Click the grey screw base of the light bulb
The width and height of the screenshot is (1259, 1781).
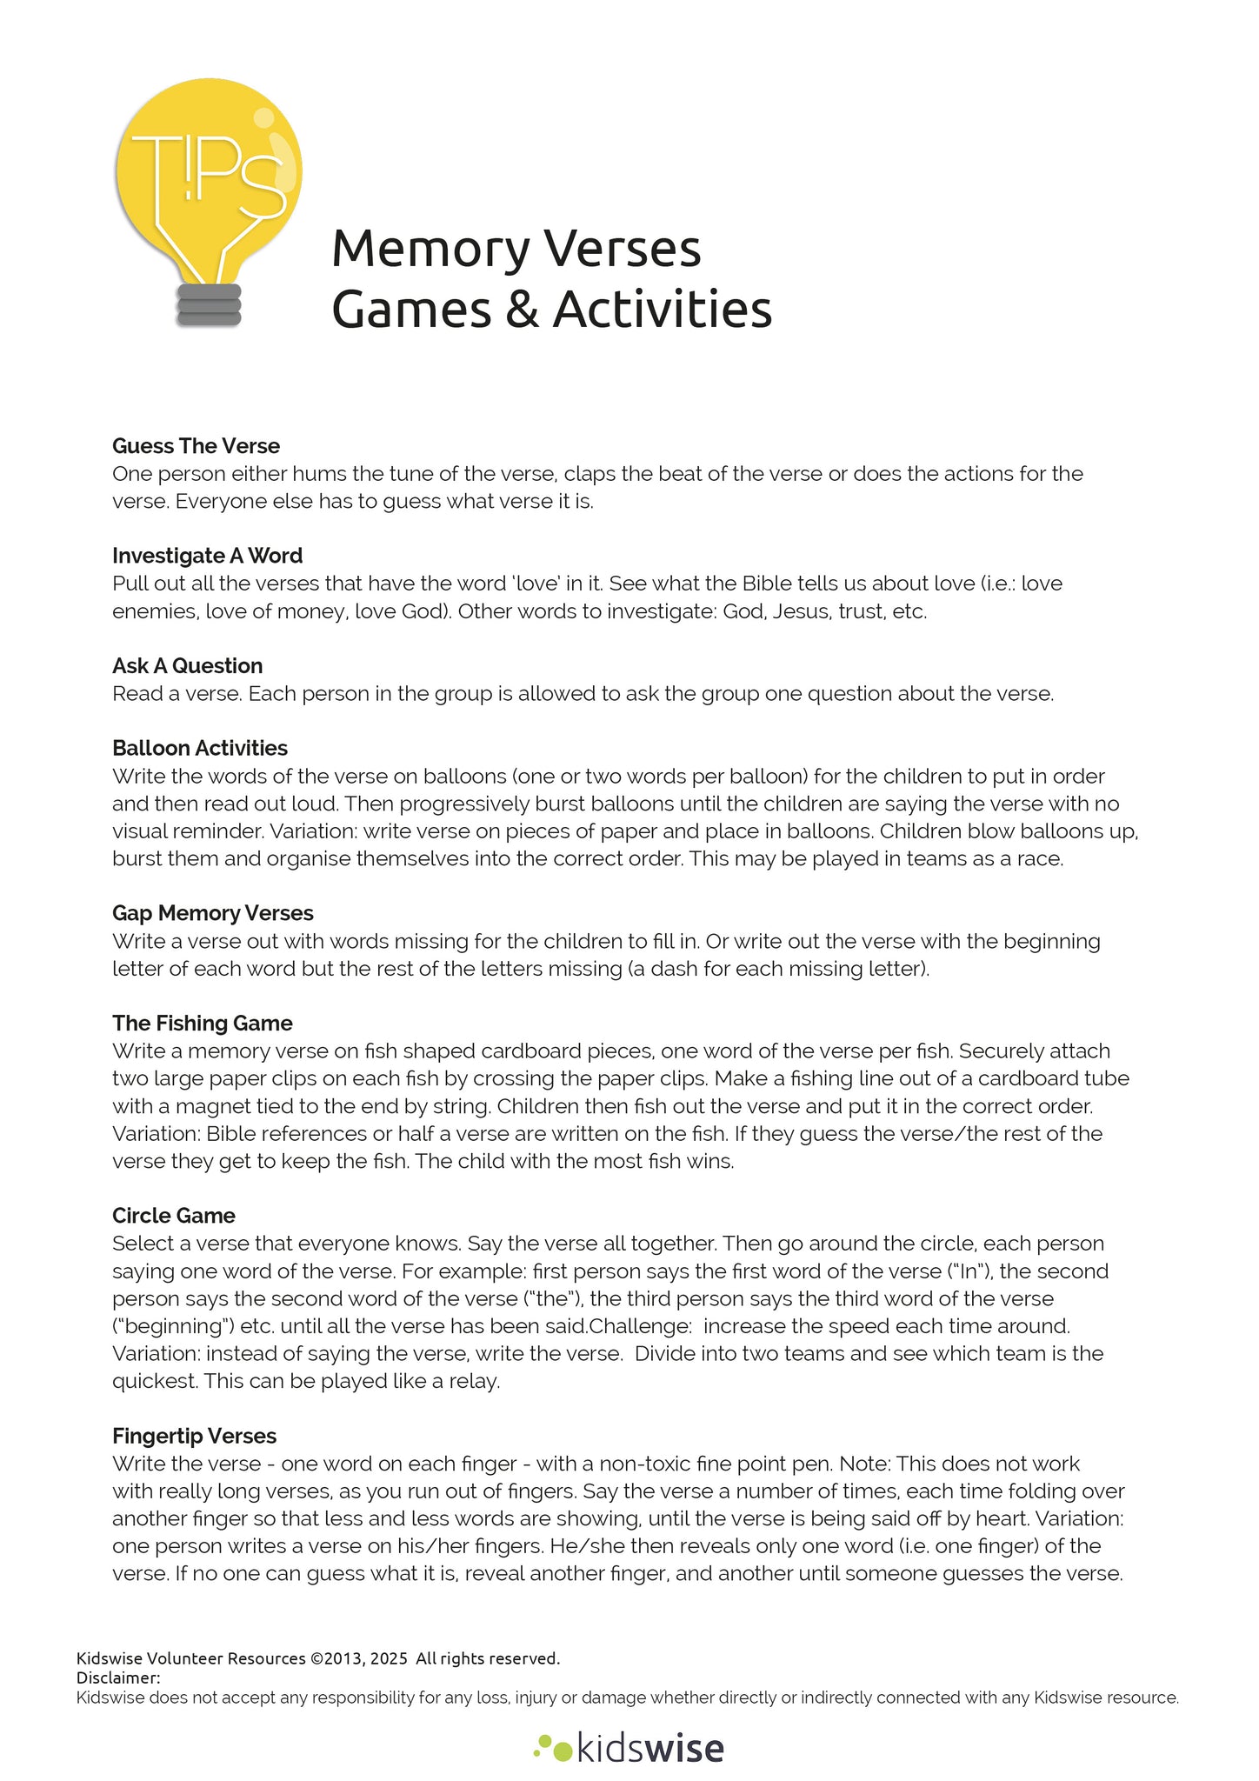(x=209, y=305)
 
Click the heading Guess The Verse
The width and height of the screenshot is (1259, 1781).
(x=196, y=446)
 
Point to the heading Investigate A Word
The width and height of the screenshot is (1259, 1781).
(x=207, y=556)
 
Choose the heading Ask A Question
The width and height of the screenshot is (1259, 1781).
(x=187, y=666)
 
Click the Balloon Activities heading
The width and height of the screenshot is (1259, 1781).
(x=200, y=748)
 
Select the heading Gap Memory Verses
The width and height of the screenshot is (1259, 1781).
(x=213, y=913)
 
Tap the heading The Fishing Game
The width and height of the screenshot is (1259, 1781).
(x=202, y=1023)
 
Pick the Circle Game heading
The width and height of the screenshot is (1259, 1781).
(x=174, y=1216)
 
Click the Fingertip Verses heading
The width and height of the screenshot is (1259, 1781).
(x=195, y=1436)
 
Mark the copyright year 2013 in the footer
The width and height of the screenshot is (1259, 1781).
(x=339, y=1658)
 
